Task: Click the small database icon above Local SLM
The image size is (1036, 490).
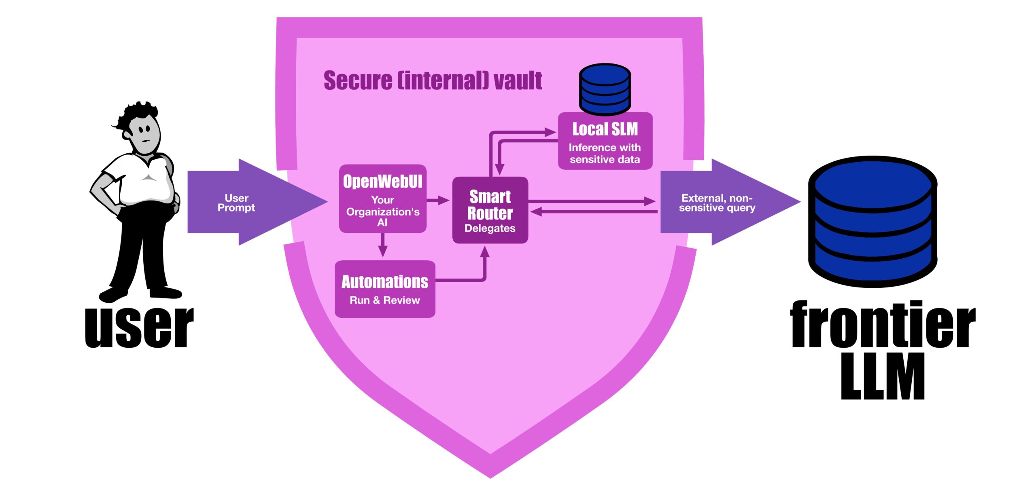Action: tap(605, 89)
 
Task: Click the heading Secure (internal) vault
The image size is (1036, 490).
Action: tap(433, 80)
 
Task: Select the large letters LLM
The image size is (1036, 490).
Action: tap(882, 376)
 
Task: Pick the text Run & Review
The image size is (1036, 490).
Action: tap(384, 300)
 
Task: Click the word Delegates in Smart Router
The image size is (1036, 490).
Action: tap(490, 228)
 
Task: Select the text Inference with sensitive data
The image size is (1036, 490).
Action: tap(605, 154)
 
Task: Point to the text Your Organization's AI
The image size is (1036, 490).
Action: tap(382, 211)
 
